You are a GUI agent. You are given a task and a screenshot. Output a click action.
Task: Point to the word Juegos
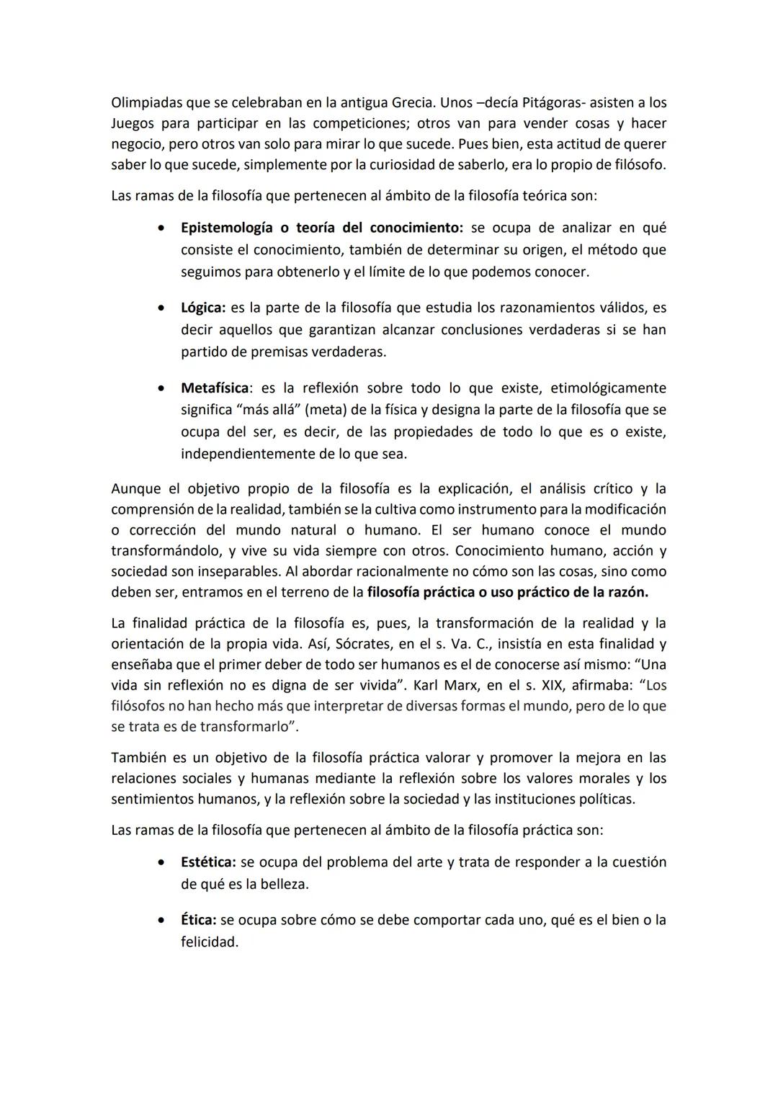coord(133,123)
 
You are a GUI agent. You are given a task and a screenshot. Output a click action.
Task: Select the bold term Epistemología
coord(226,228)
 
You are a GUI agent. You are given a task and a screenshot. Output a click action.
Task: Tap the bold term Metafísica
coord(215,388)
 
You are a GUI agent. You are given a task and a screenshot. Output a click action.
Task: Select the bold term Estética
coord(207,862)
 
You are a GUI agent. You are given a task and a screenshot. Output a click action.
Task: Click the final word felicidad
coord(209,942)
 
